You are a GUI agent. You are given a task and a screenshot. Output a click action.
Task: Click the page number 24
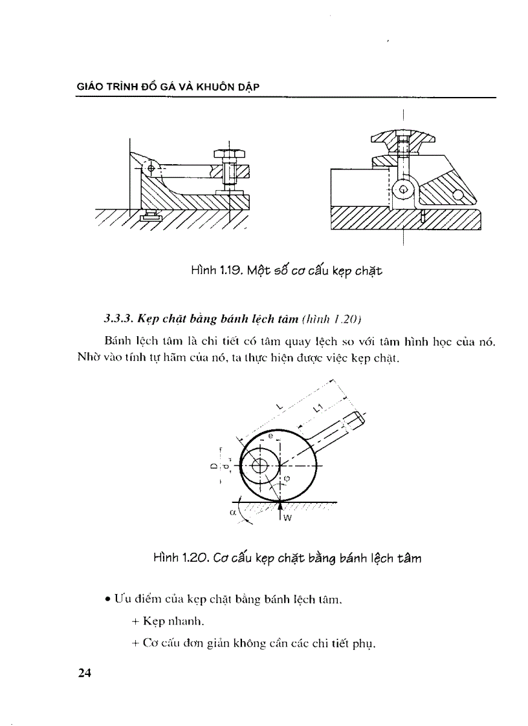pyautogui.click(x=85, y=673)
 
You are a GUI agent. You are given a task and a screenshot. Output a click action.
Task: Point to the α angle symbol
pyautogui.click(x=232, y=512)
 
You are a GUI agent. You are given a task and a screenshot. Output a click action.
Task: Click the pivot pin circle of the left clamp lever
pyautogui.click(x=151, y=168)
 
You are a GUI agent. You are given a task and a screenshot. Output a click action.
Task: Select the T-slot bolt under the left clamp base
pyautogui.click(x=149, y=215)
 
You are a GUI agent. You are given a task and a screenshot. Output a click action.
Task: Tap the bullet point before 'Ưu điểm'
pyautogui.click(x=107, y=601)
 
